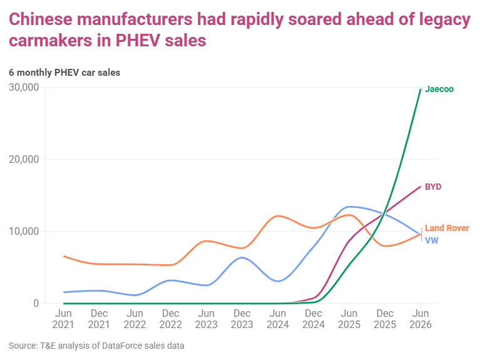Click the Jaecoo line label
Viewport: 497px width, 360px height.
point(439,89)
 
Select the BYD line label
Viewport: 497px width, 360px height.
point(433,187)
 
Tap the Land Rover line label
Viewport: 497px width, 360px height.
point(447,228)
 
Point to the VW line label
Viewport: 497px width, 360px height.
point(431,240)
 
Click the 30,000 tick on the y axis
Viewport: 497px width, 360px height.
point(24,88)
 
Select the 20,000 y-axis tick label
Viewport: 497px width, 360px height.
point(24,160)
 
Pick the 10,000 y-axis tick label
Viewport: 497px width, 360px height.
point(24,231)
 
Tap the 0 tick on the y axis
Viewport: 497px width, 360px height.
point(36,303)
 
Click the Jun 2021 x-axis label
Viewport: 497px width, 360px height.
point(63,319)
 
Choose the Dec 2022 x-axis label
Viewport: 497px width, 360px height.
point(170,319)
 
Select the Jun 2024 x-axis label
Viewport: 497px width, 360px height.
point(278,319)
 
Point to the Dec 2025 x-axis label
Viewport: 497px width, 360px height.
point(385,319)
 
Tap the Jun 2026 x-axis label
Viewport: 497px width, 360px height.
point(421,319)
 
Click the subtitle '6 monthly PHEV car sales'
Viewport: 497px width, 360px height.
point(64,73)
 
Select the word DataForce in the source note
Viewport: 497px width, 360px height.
point(124,346)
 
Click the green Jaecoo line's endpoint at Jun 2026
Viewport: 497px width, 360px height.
point(421,90)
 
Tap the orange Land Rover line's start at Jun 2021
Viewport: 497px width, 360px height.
point(64,256)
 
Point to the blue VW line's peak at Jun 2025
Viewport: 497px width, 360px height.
point(349,207)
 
